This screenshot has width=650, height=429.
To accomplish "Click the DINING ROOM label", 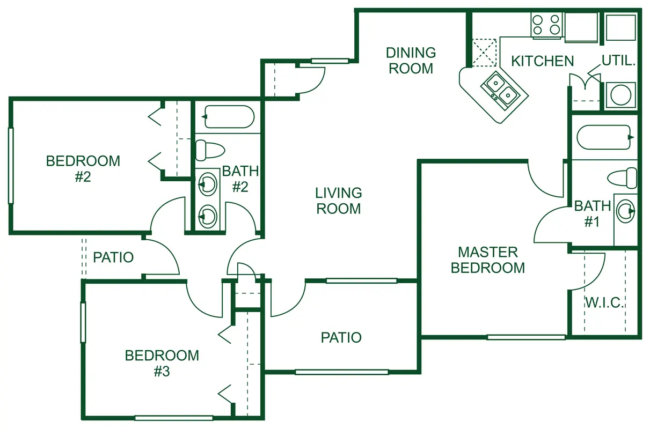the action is pyautogui.click(x=411, y=61).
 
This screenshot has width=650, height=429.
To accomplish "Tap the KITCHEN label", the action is pyautogui.click(x=543, y=61).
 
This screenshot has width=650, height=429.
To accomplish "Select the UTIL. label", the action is pyautogui.click(x=618, y=61).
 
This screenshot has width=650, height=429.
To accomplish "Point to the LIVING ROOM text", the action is pyautogui.click(x=339, y=201).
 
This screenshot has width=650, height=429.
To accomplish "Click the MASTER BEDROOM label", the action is pyautogui.click(x=488, y=260).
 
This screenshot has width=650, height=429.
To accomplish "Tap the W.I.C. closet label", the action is pyautogui.click(x=605, y=303).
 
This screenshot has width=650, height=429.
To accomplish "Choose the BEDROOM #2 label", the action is pyautogui.click(x=83, y=169).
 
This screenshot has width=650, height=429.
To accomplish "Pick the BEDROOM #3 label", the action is pyautogui.click(x=162, y=363).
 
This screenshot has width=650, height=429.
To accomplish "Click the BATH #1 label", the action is pyautogui.click(x=593, y=213).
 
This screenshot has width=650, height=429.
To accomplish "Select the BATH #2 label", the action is pyautogui.click(x=240, y=179).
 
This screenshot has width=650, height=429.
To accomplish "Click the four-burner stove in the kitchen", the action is pyautogui.click(x=546, y=25).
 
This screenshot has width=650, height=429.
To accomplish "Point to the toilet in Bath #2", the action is pyautogui.click(x=210, y=150).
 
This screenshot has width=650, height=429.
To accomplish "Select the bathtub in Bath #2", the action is pyautogui.click(x=229, y=117).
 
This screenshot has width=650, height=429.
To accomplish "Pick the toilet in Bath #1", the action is pyautogui.click(x=622, y=177).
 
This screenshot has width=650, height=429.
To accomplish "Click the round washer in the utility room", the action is pyautogui.click(x=620, y=95).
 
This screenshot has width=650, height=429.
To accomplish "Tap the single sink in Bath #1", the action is pyautogui.click(x=626, y=211).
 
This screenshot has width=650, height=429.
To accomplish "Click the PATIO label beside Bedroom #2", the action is pyautogui.click(x=113, y=257).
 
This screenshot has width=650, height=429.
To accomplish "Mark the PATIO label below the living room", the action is pyautogui.click(x=341, y=338).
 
